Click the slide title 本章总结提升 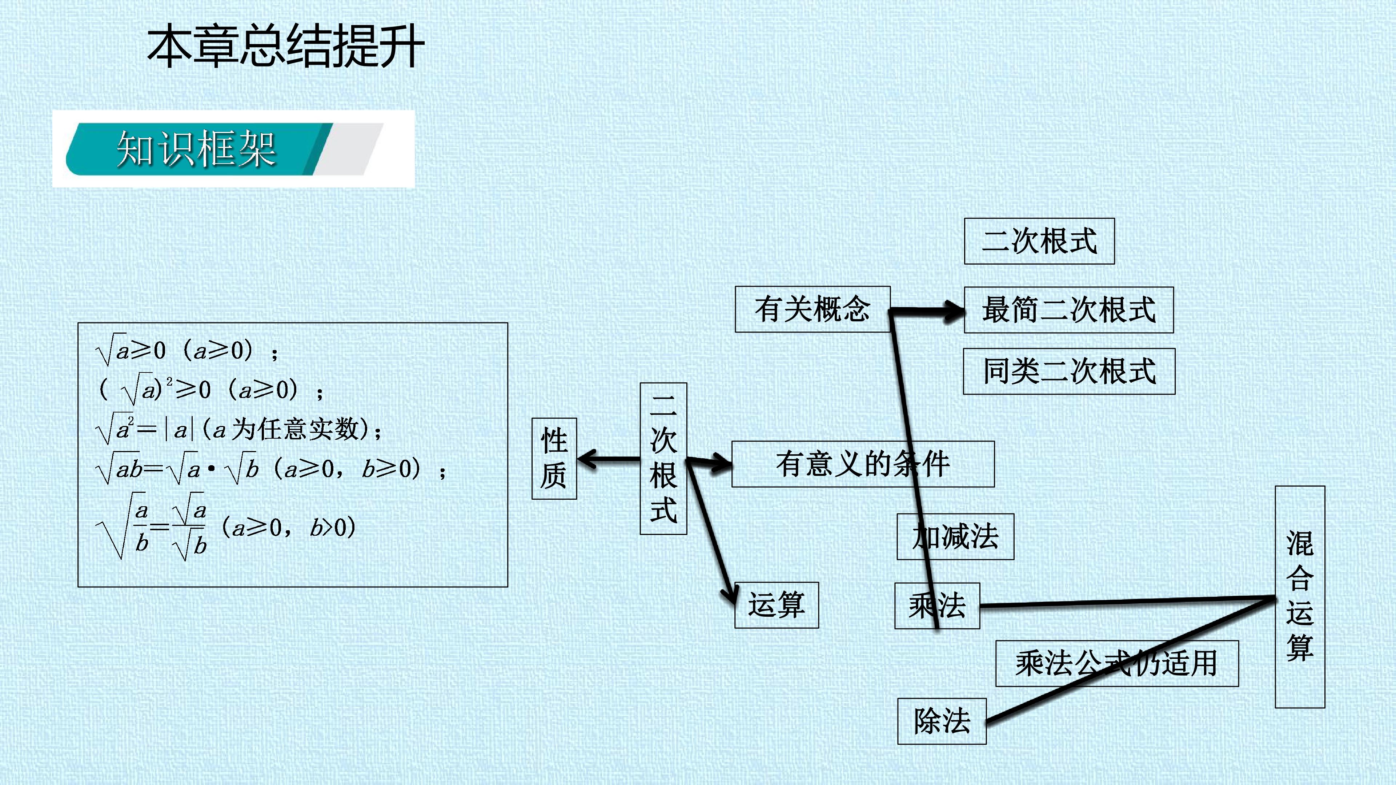pyautogui.click(x=286, y=48)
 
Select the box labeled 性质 pyautogui.click(x=554, y=458)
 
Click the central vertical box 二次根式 pyautogui.click(x=663, y=458)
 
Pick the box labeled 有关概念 pyautogui.click(x=813, y=309)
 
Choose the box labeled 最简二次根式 pyautogui.click(x=1069, y=310)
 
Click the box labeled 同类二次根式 pyautogui.click(x=1069, y=371)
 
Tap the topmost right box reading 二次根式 pyautogui.click(x=1039, y=241)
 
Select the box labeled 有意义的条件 pyautogui.click(x=863, y=464)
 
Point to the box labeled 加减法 pyautogui.click(x=955, y=536)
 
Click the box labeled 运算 pyautogui.click(x=777, y=605)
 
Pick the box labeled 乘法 pyautogui.click(x=937, y=606)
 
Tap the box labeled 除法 pyautogui.click(x=942, y=721)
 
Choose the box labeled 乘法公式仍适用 pyautogui.click(x=1117, y=663)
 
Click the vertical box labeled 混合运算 pyautogui.click(x=1300, y=596)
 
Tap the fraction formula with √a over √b pyautogui.click(x=225, y=526)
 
